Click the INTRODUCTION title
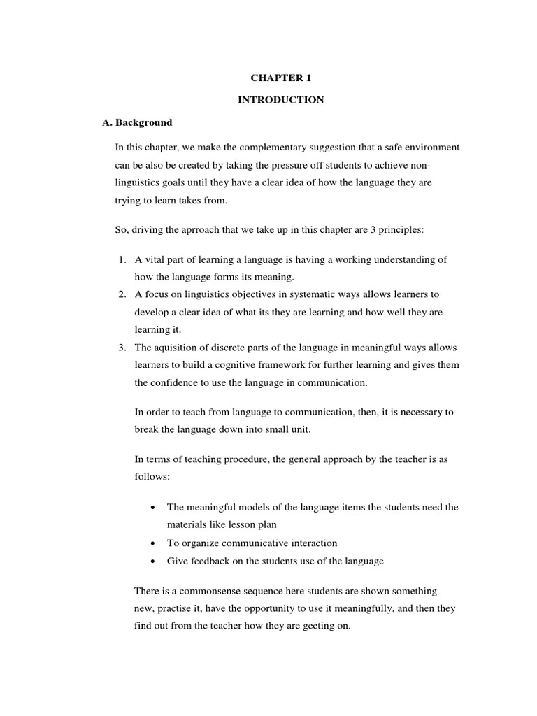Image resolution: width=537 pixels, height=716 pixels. pos(280,100)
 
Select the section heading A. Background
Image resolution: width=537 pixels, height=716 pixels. pos(137,122)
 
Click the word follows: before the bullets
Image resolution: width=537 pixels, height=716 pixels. pos(151,475)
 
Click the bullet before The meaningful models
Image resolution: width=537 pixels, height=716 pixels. pos(153,508)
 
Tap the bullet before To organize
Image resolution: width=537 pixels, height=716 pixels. pos(153,543)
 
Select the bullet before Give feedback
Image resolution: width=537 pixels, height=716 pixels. pos(153,561)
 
